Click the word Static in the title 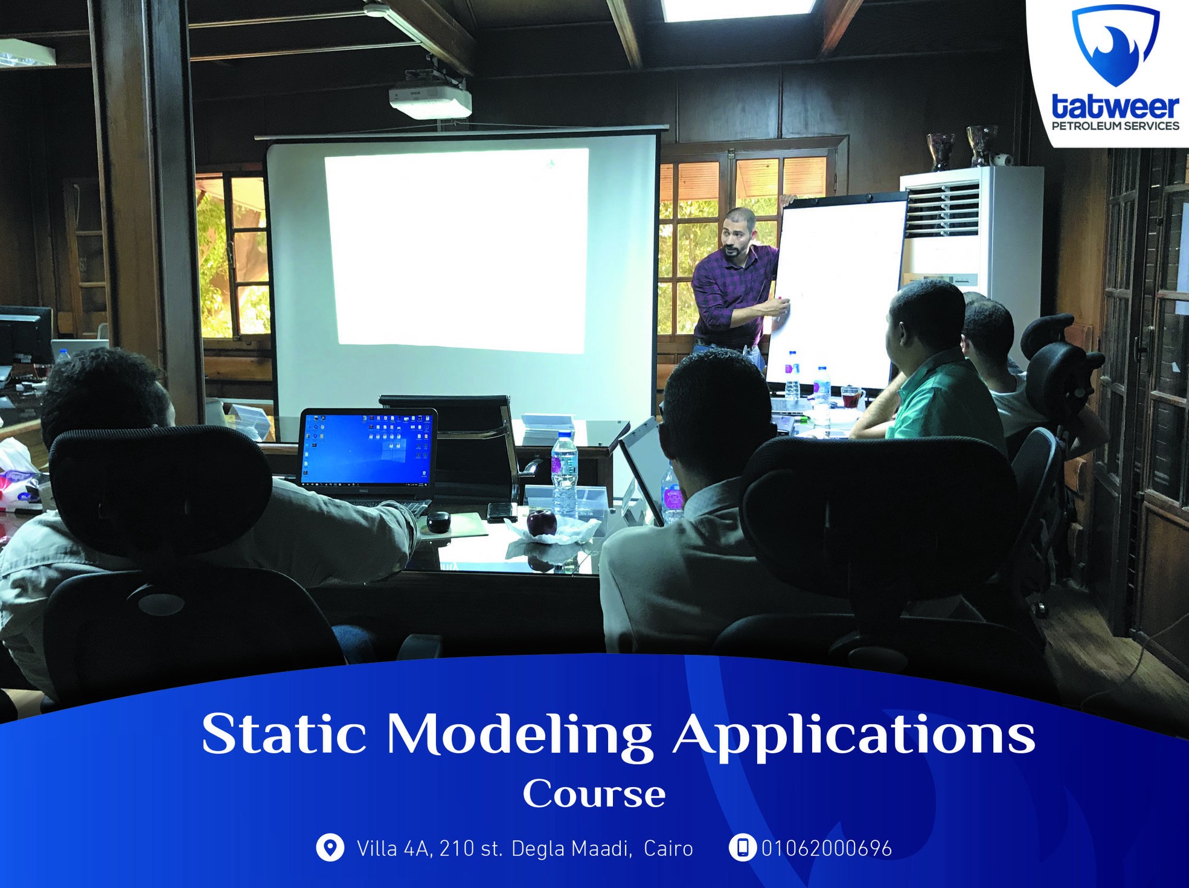tap(284, 734)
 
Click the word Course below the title tap(594, 794)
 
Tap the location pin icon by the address tap(330, 848)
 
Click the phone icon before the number tap(742, 848)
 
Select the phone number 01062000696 tap(827, 849)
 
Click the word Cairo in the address tap(668, 849)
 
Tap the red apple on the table tap(542, 523)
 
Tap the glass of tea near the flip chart tap(852, 397)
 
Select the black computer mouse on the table tap(438, 521)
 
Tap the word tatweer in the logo tap(1115, 107)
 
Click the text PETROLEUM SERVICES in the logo tap(1115, 126)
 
